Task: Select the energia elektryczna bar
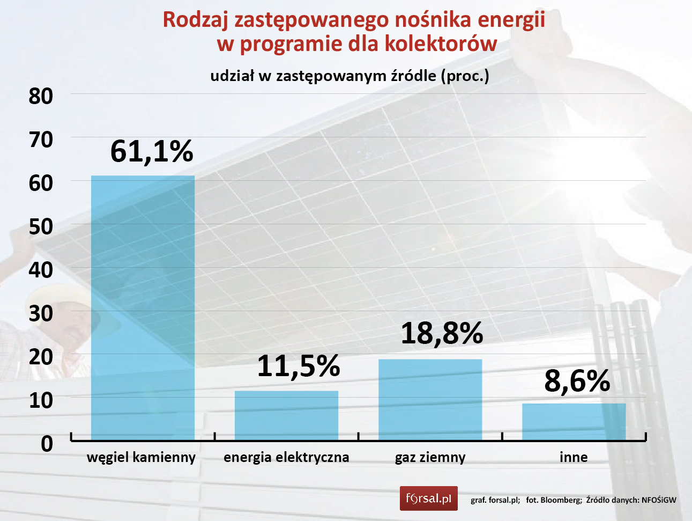[x=286, y=415]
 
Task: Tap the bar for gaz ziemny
[x=430, y=399]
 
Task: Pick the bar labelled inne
[x=574, y=422]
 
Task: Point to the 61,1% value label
[x=152, y=151]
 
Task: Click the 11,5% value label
[x=298, y=366]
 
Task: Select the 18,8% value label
[x=442, y=333]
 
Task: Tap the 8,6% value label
[x=577, y=381]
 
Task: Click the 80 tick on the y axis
[x=41, y=97]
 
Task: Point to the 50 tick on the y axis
[x=41, y=227]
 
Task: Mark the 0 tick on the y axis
[x=47, y=444]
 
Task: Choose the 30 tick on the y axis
[x=41, y=313]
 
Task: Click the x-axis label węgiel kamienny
[x=142, y=458]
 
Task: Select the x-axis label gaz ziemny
[x=430, y=458]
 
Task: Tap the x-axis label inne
[x=574, y=458]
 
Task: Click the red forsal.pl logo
[x=428, y=498]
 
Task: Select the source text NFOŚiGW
[x=659, y=500]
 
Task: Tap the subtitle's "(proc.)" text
[x=465, y=76]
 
